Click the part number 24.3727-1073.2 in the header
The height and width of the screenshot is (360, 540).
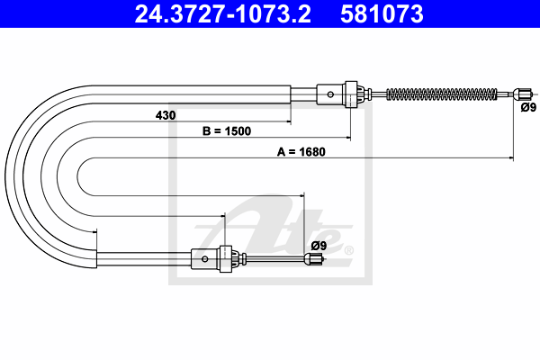point(222,14)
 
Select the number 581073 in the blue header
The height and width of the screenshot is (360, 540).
point(382,14)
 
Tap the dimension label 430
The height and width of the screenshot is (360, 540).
point(166,115)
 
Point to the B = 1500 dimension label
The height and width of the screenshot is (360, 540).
point(227,130)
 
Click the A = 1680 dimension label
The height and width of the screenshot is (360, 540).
point(301,151)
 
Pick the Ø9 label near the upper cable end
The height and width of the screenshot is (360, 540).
point(528,107)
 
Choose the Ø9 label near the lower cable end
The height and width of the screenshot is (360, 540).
point(319,246)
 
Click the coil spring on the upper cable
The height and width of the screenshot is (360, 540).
point(442,94)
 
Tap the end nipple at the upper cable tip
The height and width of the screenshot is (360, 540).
point(522,94)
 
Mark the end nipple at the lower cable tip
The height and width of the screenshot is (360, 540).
point(314,258)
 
